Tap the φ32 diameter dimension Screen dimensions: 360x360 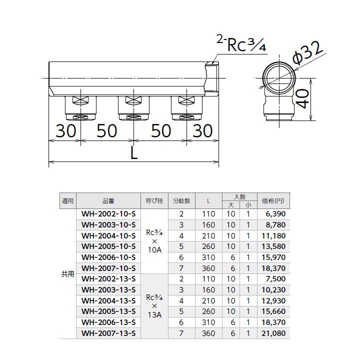tap(307, 53)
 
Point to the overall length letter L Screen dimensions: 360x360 tap(134, 153)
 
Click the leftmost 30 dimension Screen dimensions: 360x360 tap(65, 131)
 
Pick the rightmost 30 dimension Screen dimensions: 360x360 tap(202, 131)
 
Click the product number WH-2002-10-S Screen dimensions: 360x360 tap(108, 214)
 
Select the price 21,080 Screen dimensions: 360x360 tap(273, 333)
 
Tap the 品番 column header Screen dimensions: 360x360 tap(108, 201)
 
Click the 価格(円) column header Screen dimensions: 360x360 tap(273, 201)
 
